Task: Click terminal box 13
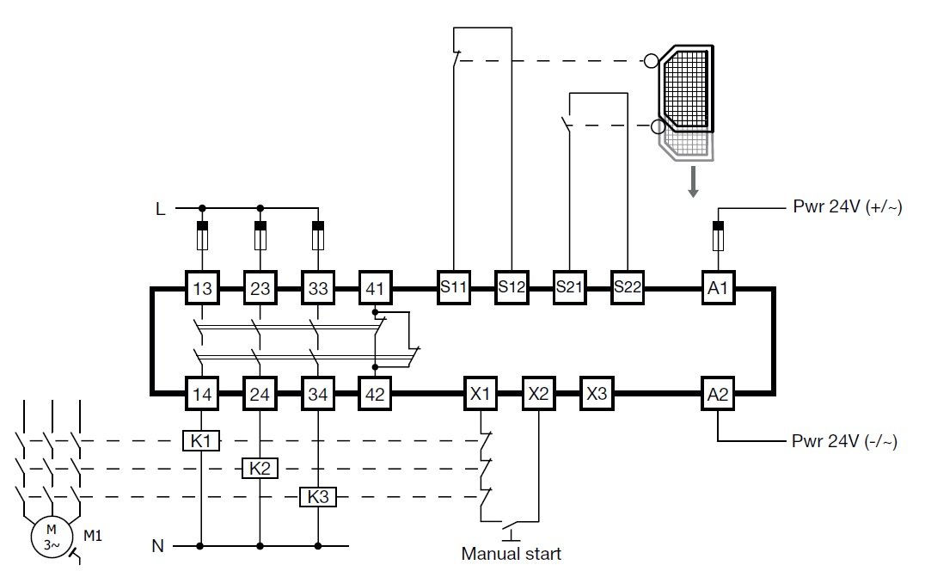(202, 289)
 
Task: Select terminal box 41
(376, 289)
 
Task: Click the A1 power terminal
(718, 289)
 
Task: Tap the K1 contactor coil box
(201, 441)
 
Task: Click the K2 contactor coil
(259, 469)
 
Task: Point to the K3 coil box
(317, 497)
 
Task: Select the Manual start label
(511, 553)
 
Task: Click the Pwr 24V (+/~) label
(846, 208)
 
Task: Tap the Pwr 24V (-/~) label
(844, 442)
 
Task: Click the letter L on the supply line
(160, 208)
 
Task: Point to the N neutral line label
(157, 545)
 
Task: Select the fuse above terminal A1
(718, 235)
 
